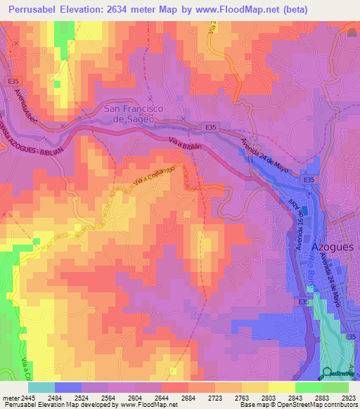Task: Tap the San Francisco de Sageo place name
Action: coord(138,114)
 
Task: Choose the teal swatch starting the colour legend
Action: coord(41,387)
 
